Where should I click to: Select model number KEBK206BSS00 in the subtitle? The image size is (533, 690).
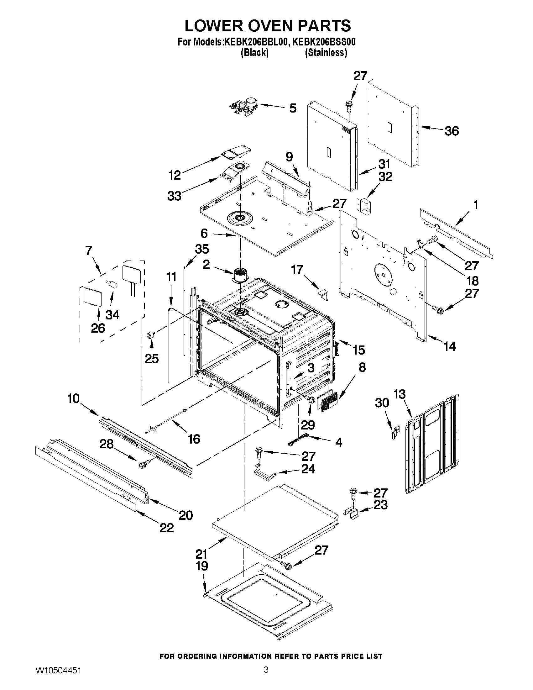[x=324, y=42]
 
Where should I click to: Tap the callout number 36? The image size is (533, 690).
[x=452, y=131]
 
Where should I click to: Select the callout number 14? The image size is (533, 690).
[x=450, y=347]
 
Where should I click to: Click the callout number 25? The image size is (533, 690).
[x=152, y=358]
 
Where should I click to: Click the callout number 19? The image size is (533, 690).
[x=202, y=566]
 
